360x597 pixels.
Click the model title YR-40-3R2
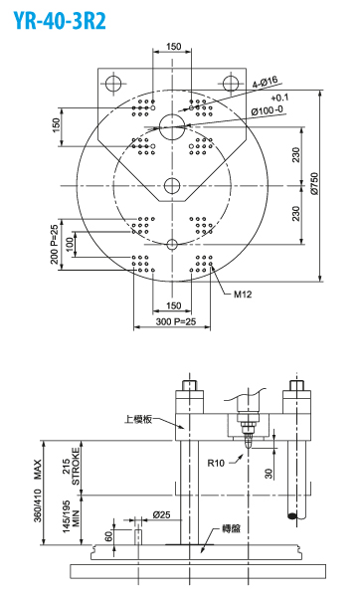pyautogui.click(x=60, y=20)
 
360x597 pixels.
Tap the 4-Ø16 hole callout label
pyautogui.click(x=266, y=82)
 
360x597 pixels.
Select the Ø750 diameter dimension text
pyautogui.click(x=314, y=184)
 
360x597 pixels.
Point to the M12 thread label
pyautogui.click(x=243, y=295)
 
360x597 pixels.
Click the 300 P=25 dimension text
pyautogui.click(x=176, y=321)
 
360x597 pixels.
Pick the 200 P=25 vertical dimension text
pyautogui.click(x=55, y=244)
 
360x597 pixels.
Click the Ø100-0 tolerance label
pyautogui.click(x=268, y=110)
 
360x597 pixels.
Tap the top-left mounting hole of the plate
pyautogui.click(x=113, y=84)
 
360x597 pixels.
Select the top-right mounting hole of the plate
pyautogui.click(x=231, y=84)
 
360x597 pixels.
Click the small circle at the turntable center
pyautogui.click(x=172, y=186)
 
